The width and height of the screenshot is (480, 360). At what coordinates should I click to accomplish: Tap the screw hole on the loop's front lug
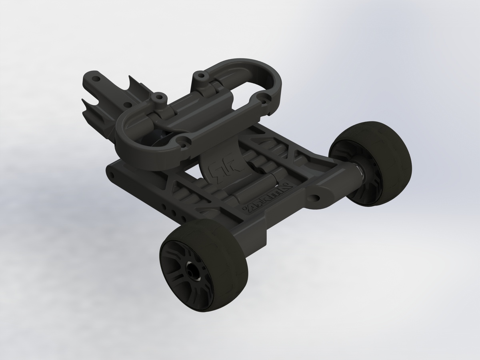tap(184, 141)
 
